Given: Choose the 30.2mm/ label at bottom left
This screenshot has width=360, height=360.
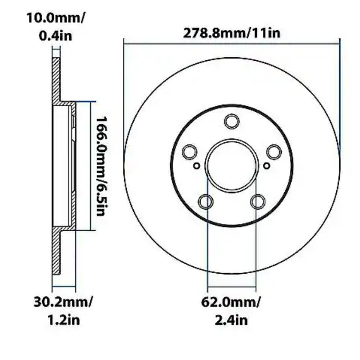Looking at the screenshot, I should (63, 301).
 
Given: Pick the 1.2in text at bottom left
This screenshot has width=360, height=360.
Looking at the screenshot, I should (63, 320).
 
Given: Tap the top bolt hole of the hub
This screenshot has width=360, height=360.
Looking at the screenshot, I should (232, 121).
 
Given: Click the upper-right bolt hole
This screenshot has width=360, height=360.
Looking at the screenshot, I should (273, 152).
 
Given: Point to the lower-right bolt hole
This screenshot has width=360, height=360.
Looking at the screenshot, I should (258, 201).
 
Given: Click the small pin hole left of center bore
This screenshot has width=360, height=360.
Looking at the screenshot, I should (196, 166).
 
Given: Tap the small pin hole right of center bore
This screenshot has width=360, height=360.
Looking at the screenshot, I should (268, 166).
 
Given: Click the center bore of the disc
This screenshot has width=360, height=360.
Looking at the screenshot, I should (232, 164).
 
